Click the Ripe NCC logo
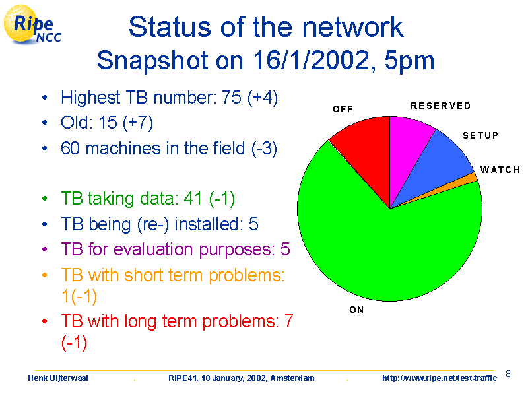click(x=32, y=24)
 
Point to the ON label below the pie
click(x=356, y=310)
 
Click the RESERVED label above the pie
click(x=440, y=106)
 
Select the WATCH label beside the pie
click(x=500, y=170)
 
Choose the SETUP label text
click(x=480, y=135)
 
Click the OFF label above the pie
click(x=343, y=109)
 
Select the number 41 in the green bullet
click(x=193, y=198)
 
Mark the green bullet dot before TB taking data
click(x=44, y=199)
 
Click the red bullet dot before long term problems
click(x=44, y=321)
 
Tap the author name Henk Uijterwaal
click(x=58, y=378)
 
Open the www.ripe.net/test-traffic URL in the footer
click(x=440, y=378)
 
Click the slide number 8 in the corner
click(x=508, y=374)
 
